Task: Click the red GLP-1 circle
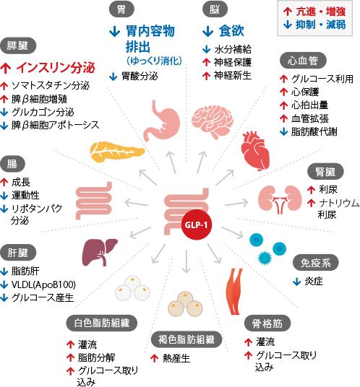[197, 225]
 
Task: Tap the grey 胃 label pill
[121, 9]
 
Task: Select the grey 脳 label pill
[215, 9]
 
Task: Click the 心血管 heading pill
[303, 60]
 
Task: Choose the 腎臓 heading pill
[325, 172]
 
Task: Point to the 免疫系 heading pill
[315, 263]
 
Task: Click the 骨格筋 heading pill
[267, 323]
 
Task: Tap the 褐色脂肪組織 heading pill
[187, 339]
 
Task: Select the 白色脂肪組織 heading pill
[101, 323]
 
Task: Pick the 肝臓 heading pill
[18, 253]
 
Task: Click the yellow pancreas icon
[117, 152]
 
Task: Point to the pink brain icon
[213, 122]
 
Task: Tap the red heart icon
[255, 151]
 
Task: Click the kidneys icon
[280, 199]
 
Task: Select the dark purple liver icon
[100, 252]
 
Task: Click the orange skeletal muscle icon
[234, 291]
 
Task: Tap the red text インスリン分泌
[56, 67]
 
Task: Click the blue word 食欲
[231, 31]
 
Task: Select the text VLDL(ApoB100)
[43, 284]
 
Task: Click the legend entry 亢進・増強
[321, 12]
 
